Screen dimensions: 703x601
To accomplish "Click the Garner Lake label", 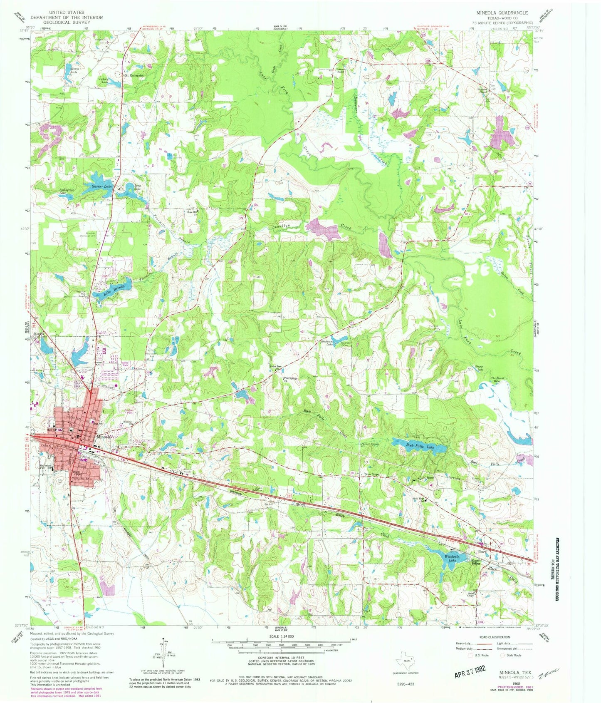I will (x=102, y=186).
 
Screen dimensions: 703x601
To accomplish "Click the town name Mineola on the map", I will (x=104, y=437).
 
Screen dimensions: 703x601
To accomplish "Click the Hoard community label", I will (x=482, y=552).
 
